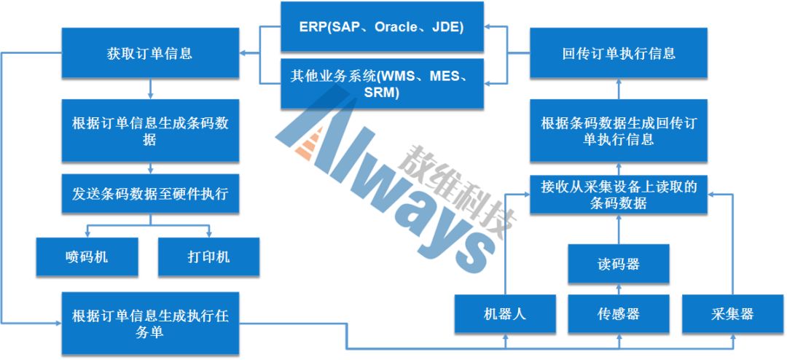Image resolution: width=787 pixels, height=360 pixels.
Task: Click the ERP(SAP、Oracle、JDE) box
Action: tap(382, 27)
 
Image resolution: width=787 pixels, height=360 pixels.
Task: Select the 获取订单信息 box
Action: tap(149, 53)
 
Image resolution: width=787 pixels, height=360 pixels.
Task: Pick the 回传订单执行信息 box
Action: tap(619, 53)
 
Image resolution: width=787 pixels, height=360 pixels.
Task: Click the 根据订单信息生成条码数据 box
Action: tap(149, 130)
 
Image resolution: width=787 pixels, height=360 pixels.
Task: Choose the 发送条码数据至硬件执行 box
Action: tap(149, 194)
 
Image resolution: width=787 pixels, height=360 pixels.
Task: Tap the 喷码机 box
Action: tap(87, 257)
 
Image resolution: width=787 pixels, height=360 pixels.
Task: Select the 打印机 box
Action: tap(208, 257)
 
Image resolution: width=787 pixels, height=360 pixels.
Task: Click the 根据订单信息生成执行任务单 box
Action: tap(149, 323)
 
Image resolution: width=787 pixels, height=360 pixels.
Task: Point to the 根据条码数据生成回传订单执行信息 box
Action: tap(619, 130)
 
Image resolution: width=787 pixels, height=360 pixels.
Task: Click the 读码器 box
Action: tap(619, 264)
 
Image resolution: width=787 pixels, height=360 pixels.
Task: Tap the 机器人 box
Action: tap(505, 314)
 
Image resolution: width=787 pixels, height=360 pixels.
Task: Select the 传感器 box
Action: tap(619, 314)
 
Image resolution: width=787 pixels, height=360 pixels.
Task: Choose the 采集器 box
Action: tap(732, 314)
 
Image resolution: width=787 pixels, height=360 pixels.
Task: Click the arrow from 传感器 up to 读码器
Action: tap(619, 289)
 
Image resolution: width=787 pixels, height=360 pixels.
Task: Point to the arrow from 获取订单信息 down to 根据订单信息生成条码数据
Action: tap(149, 89)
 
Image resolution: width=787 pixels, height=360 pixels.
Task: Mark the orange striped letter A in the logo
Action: tap(313, 142)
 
